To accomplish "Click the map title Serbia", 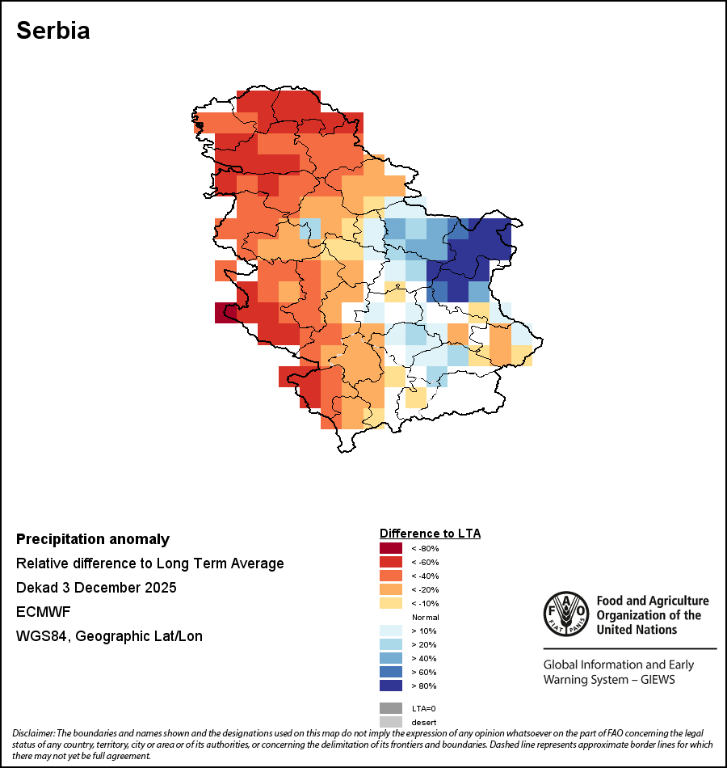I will (x=53, y=31).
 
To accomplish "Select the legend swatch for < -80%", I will (x=390, y=548).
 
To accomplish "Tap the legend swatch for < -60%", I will (x=390, y=562).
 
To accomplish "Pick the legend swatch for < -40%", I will (x=390, y=576).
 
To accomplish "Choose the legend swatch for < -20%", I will (x=390, y=589).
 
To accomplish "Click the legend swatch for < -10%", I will (x=390, y=603).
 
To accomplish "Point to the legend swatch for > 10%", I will (x=390, y=631).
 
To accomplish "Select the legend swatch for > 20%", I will (x=390, y=644).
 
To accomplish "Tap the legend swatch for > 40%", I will (x=390, y=658).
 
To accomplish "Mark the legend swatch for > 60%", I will (x=390, y=672).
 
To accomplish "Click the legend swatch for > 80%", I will (x=390, y=686).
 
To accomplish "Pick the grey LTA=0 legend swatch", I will (x=390, y=708).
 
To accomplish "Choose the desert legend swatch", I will (x=390, y=722).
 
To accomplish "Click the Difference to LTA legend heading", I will (x=430, y=534).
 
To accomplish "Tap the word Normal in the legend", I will (x=425, y=617).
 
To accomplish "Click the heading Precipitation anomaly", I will (x=93, y=539).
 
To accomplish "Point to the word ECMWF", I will (x=41, y=612).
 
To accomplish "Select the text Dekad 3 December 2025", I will (x=96, y=588).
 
